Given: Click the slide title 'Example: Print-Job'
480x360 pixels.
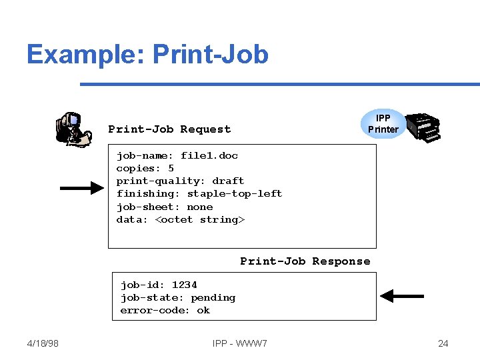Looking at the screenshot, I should (x=147, y=54).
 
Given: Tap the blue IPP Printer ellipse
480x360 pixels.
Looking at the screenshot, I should (x=383, y=124).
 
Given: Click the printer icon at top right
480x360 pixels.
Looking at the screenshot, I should (x=424, y=127).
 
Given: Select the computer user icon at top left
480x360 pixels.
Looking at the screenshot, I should (x=73, y=129).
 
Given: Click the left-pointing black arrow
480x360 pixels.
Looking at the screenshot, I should (x=401, y=295).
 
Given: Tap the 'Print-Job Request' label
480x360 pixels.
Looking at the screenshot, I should (x=169, y=129).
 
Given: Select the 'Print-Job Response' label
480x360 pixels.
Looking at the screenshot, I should (x=305, y=261).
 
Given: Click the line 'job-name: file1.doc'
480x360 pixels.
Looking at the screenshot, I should (x=177, y=155).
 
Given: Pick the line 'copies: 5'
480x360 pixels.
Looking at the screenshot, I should (x=145, y=168).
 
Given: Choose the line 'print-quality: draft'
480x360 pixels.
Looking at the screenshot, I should (x=180, y=181).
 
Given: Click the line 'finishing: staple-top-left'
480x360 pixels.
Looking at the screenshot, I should (x=199, y=193).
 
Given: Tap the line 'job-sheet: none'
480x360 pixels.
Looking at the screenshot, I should (x=164, y=207).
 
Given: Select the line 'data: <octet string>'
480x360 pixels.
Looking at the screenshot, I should (x=181, y=219).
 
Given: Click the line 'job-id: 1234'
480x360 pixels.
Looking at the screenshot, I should (x=158, y=285).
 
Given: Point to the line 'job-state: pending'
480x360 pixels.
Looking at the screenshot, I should (x=177, y=297).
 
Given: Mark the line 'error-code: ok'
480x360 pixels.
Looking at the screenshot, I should (x=165, y=310).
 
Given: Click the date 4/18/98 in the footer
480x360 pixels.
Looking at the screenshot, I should (x=43, y=343).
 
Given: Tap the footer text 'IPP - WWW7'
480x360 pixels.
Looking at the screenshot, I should (x=240, y=343).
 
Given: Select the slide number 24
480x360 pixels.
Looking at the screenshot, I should (x=443, y=343).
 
